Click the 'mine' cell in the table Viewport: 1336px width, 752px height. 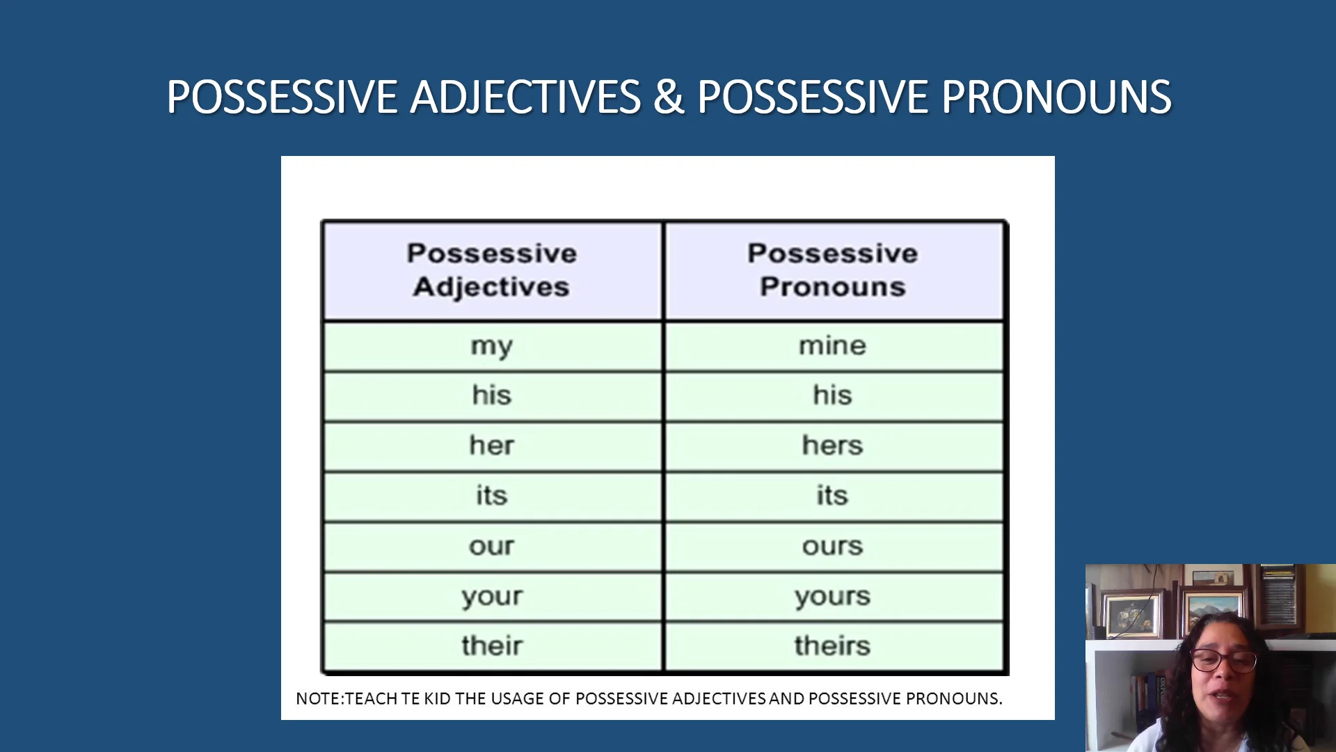pyautogui.click(x=832, y=346)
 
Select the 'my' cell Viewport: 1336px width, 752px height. pyautogui.click(x=492, y=346)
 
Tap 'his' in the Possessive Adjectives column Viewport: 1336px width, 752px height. pyautogui.click(x=492, y=395)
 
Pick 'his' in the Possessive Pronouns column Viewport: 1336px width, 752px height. pyautogui.click(x=832, y=395)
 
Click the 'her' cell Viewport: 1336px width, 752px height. pyautogui.click(x=492, y=446)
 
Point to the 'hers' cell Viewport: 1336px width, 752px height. pyautogui.click(x=832, y=446)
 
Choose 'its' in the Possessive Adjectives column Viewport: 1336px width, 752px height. pyautogui.click(x=492, y=496)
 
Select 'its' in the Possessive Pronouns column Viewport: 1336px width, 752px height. pyautogui.click(x=832, y=496)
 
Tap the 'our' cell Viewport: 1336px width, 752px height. pyautogui.click(x=492, y=547)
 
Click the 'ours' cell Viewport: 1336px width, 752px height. pyautogui.click(x=832, y=547)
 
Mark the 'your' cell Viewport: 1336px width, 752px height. pyautogui.click(x=492, y=597)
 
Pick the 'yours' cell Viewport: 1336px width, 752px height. pyautogui.click(x=832, y=597)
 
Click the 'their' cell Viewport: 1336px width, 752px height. pyautogui.click(x=492, y=646)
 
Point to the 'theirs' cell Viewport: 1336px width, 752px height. pyautogui.click(x=832, y=646)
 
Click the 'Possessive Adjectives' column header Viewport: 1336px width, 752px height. pyautogui.click(x=492, y=270)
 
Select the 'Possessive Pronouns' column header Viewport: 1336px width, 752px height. pyautogui.click(x=832, y=270)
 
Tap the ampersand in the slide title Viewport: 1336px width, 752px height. pyautogui.click(x=668, y=97)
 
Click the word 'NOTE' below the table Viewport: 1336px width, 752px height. pyautogui.click(x=318, y=698)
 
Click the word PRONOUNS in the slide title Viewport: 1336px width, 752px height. pyautogui.click(x=1056, y=97)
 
